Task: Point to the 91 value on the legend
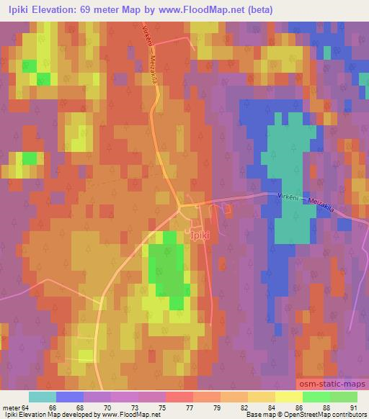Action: (x=353, y=407)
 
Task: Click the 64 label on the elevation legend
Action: (x=26, y=407)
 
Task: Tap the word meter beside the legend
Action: (x=10, y=407)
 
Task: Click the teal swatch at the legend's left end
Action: (x=42, y=397)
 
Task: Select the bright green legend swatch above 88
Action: (x=316, y=397)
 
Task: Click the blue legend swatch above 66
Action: (x=69, y=397)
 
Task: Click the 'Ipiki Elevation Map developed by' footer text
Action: (x=47, y=415)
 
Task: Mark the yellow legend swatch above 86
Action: (x=288, y=397)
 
